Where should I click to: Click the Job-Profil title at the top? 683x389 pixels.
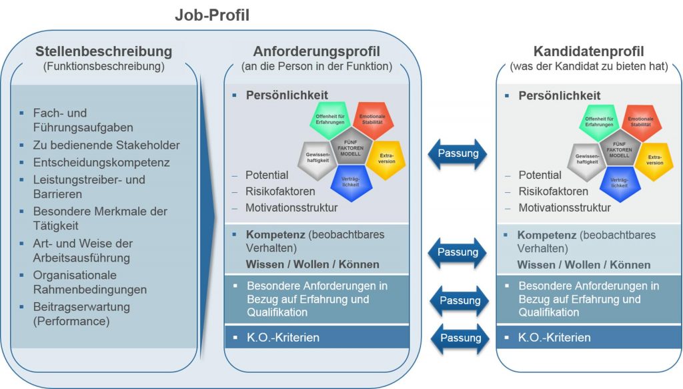tap(211, 15)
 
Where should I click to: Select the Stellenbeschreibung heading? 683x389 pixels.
tap(103, 51)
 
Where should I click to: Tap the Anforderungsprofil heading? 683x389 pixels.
tap(316, 51)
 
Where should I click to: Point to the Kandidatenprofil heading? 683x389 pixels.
tap(589, 51)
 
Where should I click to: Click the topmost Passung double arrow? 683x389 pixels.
tap(459, 153)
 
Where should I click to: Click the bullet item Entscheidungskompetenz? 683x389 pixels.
tap(101, 162)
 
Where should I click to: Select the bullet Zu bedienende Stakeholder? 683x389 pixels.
tap(106, 145)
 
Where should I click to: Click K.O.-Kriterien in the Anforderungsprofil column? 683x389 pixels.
tap(282, 338)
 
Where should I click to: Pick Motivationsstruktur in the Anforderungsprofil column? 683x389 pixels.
tap(291, 208)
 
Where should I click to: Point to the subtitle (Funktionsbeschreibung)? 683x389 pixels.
tap(103, 66)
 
